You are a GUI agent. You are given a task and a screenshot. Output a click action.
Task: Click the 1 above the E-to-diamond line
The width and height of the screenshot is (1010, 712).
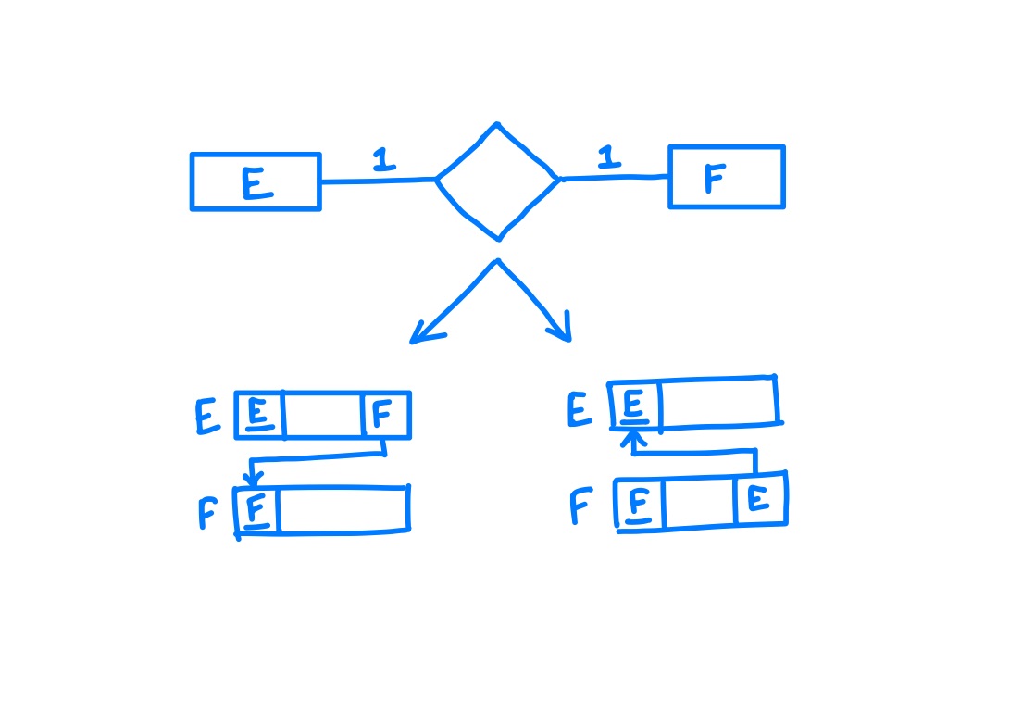tap(383, 159)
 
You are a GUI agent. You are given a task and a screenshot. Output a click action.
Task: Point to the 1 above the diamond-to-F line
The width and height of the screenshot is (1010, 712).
tap(609, 156)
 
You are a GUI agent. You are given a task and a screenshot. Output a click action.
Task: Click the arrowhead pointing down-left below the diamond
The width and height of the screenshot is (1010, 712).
tap(425, 333)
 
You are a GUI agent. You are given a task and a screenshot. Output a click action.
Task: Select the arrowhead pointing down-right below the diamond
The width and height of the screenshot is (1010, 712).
tap(560, 328)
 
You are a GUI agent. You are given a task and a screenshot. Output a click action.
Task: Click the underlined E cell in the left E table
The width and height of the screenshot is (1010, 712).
tap(259, 415)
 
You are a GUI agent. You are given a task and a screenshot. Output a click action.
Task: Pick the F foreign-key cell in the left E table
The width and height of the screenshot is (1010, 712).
tap(385, 415)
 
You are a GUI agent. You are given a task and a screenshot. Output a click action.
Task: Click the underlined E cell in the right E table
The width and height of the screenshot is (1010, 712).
tap(635, 406)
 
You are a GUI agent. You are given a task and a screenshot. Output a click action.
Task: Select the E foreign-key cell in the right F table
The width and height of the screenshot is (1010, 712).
tap(761, 499)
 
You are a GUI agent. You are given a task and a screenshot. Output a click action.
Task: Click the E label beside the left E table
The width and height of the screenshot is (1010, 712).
tap(206, 417)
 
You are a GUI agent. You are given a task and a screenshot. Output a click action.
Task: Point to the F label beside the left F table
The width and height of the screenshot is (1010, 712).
tap(207, 512)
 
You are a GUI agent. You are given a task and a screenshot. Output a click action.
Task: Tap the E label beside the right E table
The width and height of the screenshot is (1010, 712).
tap(580, 408)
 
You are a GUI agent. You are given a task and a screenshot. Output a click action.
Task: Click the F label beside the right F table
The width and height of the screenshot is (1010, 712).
tap(580, 506)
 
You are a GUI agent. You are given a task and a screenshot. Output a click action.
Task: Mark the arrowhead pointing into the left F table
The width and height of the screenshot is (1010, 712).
tap(253, 480)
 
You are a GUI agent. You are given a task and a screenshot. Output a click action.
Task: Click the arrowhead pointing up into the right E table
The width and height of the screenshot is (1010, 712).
tap(634, 439)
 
